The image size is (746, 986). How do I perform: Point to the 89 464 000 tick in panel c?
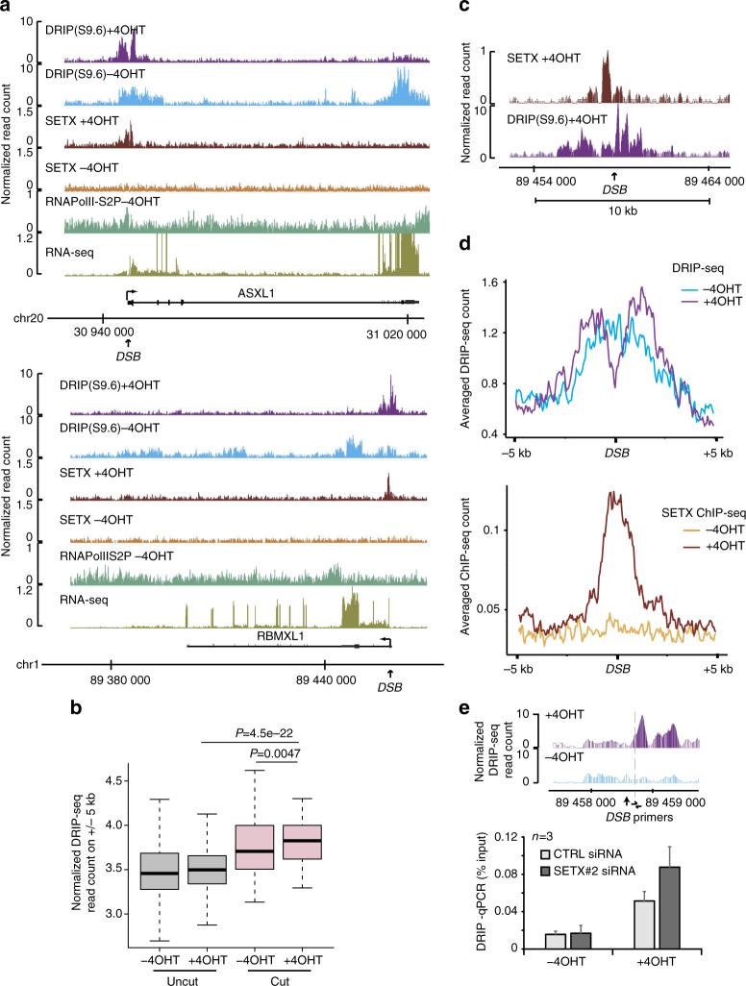pos(709,179)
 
